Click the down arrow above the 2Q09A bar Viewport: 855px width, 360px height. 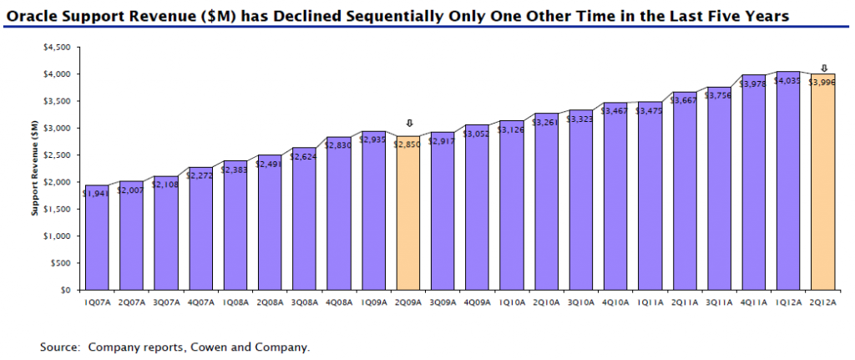[x=409, y=123]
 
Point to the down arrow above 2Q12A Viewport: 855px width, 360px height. [x=823, y=68]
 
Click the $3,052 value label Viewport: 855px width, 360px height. [x=478, y=134]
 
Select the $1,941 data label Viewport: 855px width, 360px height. [x=97, y=194]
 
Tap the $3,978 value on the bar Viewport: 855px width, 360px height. [x=753, y=84]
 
